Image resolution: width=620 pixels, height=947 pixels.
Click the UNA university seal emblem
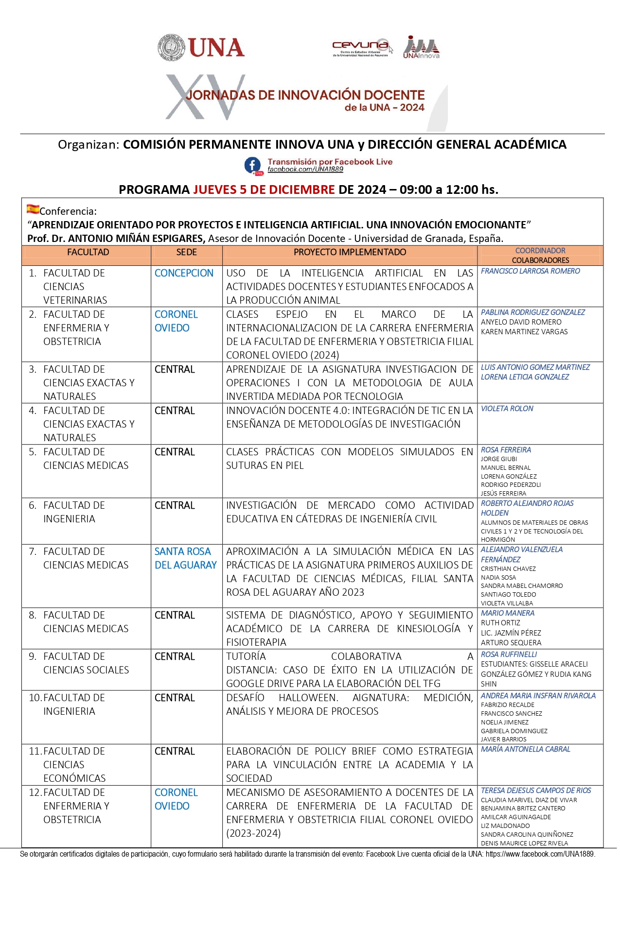click(171, 48)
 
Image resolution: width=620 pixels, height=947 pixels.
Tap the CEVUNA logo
click(361, 47)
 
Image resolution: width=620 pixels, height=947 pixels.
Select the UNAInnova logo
click(421, 47)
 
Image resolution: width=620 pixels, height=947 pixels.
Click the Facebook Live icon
click(253, 166)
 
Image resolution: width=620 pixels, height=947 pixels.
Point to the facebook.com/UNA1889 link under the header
click(305, 170)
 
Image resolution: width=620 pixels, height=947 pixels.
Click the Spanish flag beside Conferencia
click(33, 209)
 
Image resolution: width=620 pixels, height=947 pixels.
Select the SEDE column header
click(186, 252)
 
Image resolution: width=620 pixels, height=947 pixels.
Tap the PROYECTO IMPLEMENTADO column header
click(350, 252)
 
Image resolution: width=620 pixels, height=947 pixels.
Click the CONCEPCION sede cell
click(184, 273)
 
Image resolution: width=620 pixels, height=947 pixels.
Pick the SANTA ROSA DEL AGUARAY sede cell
click(185, 558)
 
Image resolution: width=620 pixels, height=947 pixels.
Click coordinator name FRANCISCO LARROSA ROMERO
click(530, 271)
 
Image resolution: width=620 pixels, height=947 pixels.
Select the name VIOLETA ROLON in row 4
click(507, 409)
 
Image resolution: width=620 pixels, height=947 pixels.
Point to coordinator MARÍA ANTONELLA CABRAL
click(525, 749)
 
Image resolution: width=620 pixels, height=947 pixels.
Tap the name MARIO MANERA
click(507, 613)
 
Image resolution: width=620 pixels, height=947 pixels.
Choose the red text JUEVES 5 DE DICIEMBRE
click(264, 189)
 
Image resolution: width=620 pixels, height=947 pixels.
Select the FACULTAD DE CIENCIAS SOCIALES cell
click(86, 663)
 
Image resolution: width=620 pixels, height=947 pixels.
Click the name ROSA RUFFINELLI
click(509, 654)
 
